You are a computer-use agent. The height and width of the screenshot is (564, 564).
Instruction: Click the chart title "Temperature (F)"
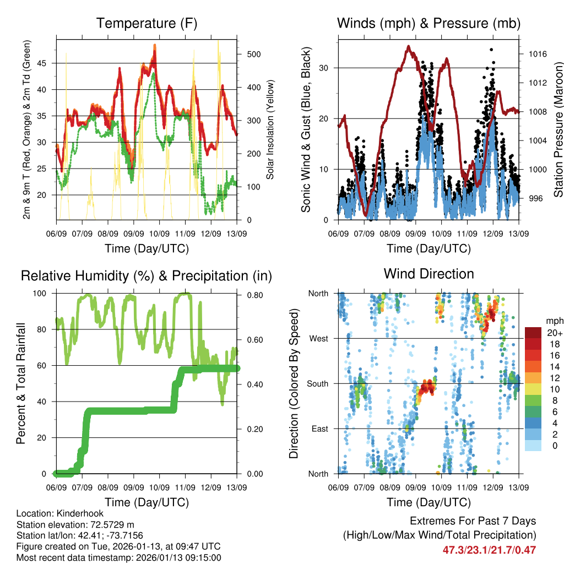point(147,24)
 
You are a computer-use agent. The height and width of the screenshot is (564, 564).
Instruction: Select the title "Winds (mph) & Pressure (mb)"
point(429,24)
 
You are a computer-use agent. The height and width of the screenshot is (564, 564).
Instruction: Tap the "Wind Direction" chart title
point(429,274)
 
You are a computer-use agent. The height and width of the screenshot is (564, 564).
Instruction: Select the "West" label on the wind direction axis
point(318,338)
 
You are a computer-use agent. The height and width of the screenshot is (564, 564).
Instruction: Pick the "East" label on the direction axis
point(319,429)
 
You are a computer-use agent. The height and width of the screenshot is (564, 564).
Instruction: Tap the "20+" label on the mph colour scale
point(554,333)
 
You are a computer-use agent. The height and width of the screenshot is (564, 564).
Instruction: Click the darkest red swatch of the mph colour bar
point(533,333)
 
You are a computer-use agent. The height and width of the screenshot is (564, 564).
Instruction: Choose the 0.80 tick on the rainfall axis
point(254,294)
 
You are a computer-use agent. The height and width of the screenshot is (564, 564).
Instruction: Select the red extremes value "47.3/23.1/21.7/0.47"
point(489,550)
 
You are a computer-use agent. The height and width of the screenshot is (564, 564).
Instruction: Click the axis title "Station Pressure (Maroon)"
point(558,129)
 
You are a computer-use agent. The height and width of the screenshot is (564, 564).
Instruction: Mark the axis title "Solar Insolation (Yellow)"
point(270,129)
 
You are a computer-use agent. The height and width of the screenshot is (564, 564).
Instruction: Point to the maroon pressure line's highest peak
point(408,46)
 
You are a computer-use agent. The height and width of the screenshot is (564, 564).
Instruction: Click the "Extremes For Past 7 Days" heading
point(473,521)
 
